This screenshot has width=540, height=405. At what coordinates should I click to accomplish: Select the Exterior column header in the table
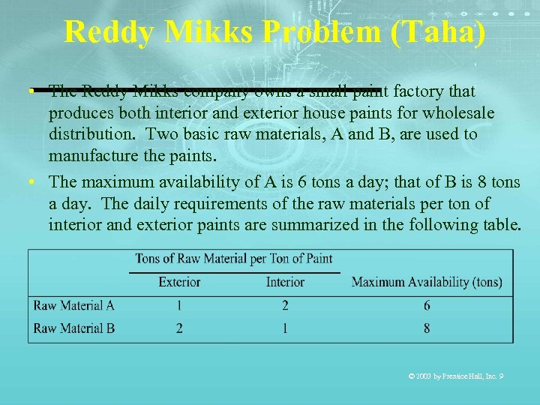point(179,282)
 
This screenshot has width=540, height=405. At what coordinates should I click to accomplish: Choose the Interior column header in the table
point(285,282)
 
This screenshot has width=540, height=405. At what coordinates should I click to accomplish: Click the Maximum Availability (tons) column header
point(427,282)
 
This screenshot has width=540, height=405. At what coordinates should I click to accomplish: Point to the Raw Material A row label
point(74,305)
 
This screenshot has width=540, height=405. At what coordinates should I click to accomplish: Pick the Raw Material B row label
point(74,328)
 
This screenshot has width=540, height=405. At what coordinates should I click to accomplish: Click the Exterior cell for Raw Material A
point(179,305)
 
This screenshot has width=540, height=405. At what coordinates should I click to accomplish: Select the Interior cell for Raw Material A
point(285,305)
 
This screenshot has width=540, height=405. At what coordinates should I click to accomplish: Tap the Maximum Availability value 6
point(427,305)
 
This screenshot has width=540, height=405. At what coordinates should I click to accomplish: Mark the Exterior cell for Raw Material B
point(179,328)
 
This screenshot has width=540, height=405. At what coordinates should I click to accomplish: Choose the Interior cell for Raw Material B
point(285,328)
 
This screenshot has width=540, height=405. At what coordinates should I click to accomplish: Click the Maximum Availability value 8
point(427,328)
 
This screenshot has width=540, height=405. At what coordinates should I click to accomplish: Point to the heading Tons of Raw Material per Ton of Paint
point(233,259)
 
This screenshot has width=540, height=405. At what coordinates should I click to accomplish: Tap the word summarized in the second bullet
point(284,224)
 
